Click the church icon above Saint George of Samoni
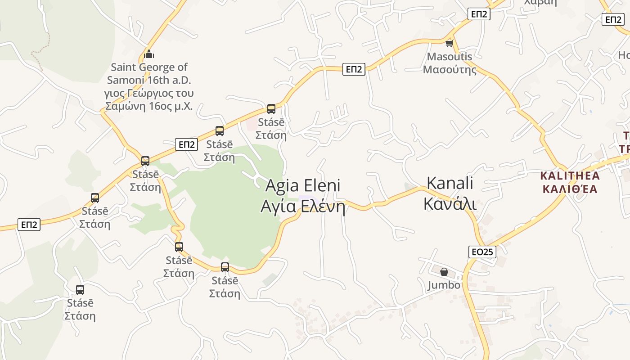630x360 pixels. click(x=149, y=55)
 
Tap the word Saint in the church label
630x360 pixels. click(x=123, y=67)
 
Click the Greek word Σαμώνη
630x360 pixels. click(x=123, y=107)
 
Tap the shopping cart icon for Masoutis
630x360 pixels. click(x=449, y=44)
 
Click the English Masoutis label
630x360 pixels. click(x=450, y=57)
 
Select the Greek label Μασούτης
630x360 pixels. click(x=450, y=70)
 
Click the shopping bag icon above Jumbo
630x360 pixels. click(x=444, y=272)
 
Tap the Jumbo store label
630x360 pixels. click(x=444, y=285)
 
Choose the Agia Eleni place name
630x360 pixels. click(x=303, y=185)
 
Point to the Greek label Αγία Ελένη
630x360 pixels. click(x=303, y=207)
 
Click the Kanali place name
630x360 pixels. click(x=450, y=183)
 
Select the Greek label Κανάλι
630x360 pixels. click(x=450, y=203)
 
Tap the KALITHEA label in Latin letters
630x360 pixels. click(x=570, y=175)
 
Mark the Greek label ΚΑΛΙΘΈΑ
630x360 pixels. click(x=570, y=189)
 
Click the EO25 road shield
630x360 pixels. click(x=482, y=252)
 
